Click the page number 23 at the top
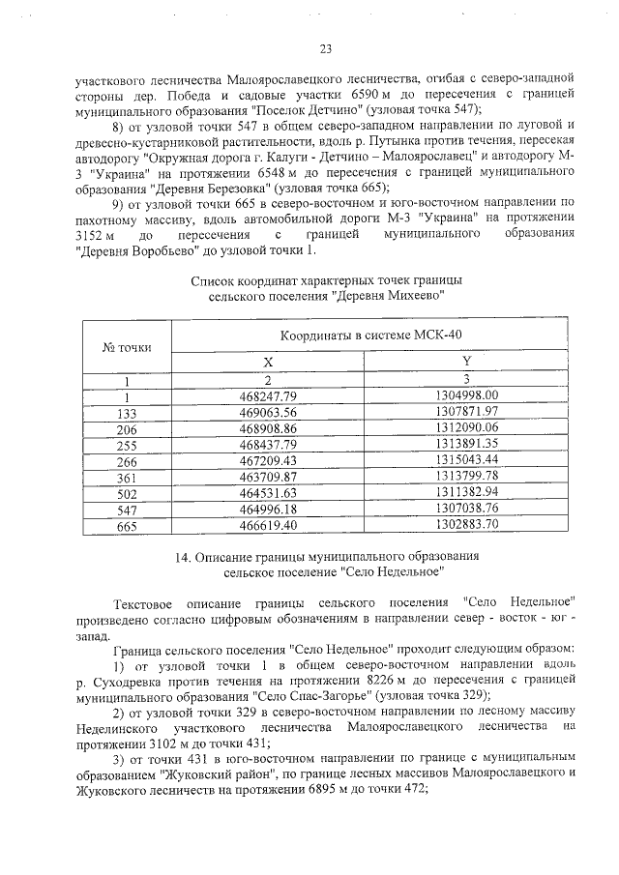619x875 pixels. pos(325,49)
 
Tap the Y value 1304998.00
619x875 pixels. pos(466,396)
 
